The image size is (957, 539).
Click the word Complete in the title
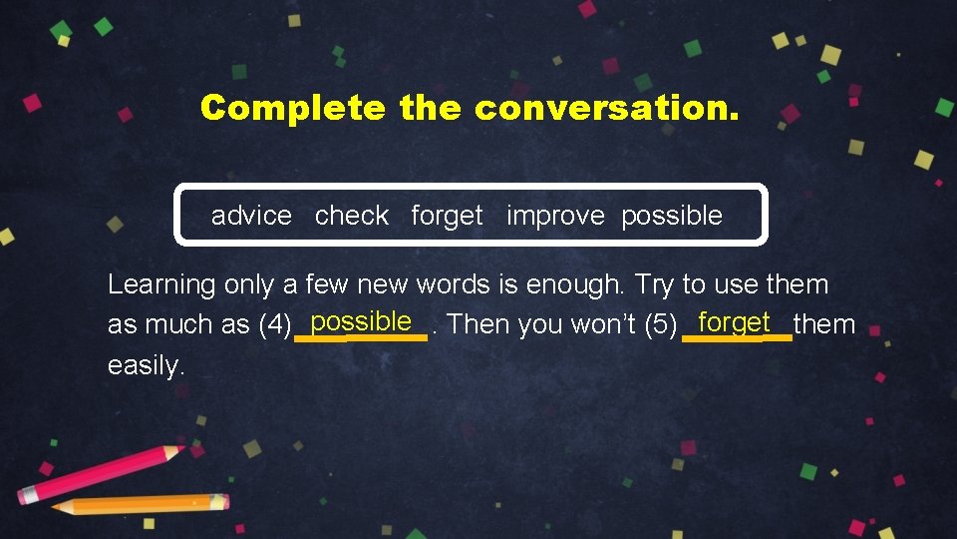coord(291,108)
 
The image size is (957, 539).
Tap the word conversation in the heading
coord(606,108)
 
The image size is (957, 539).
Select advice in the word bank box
coord(251,216)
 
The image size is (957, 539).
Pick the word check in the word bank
coord(351,216)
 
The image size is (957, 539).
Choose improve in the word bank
coord(555,216)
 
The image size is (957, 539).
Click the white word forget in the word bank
coord(447,216)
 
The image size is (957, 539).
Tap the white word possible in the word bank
coord(672,216)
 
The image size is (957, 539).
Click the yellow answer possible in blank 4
coord(361,321)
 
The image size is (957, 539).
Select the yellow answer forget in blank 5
coord(735,321)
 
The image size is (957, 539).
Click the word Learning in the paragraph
coord(161,285)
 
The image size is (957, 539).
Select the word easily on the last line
coord(146,365)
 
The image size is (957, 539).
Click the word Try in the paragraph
coord(655,285)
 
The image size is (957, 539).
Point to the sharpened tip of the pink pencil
coord(177,450)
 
